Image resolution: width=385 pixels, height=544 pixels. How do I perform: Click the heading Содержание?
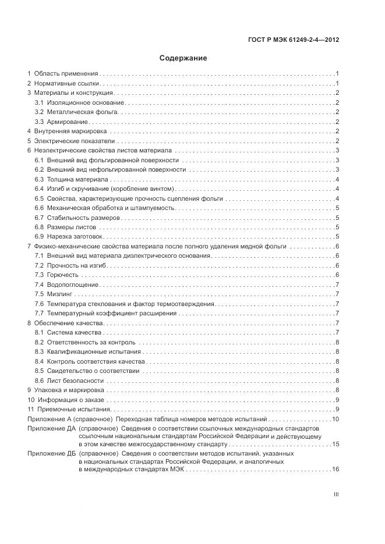coord(183,58)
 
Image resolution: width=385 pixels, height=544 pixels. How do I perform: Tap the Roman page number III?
coord(336,494)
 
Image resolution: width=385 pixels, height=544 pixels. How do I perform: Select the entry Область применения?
coord(66,74)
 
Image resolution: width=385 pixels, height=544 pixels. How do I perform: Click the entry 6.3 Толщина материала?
coord(70,179)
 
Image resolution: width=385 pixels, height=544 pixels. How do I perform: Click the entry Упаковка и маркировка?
coord(69,390)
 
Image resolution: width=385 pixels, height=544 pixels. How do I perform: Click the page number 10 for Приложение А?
coord(335,419)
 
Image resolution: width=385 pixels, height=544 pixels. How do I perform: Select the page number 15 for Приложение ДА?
coord(335,445)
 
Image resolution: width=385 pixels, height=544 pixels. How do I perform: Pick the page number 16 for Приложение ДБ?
coord(335,470)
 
